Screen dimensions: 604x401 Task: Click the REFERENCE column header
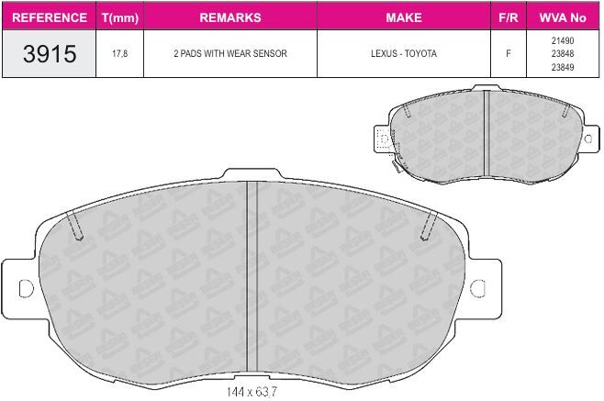50,17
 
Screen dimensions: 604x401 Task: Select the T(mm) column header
120,17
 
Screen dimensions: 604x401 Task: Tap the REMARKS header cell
230,17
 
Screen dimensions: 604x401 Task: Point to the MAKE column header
404,17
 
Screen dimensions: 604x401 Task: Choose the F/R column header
509,17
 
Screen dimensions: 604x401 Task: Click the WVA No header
563,17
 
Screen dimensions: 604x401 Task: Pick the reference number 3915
50,53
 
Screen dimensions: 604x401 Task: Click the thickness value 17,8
120,53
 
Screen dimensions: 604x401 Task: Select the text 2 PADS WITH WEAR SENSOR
230,53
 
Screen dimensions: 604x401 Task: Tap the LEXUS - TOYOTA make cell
404,53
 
